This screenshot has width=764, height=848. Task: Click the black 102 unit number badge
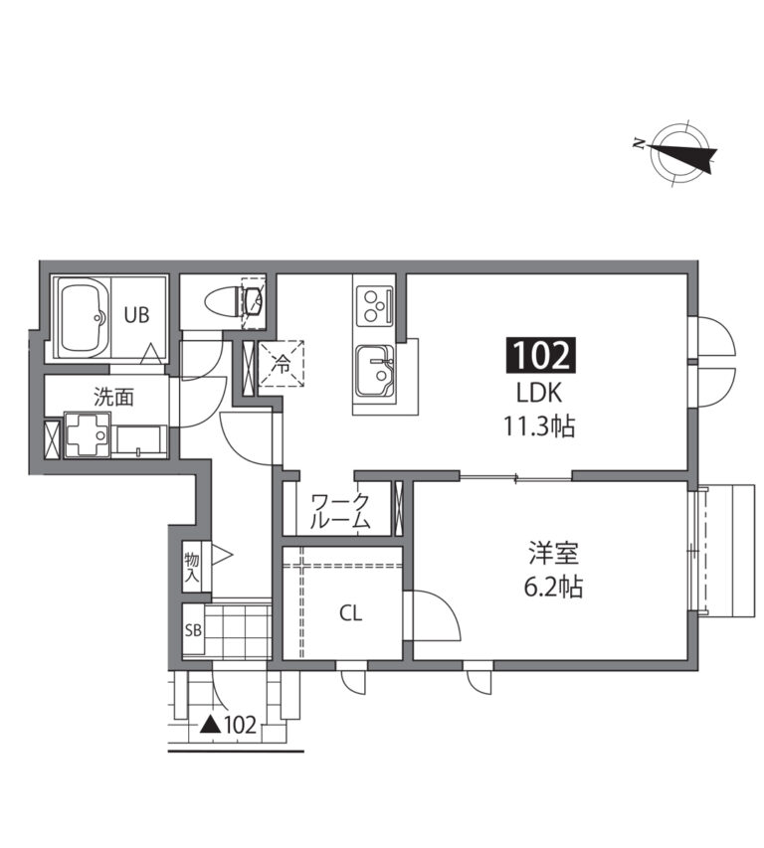point(540,356)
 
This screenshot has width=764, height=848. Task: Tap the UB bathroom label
point(136,315)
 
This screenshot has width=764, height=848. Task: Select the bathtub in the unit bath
point(83,318)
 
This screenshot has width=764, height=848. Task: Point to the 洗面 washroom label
point(113,398)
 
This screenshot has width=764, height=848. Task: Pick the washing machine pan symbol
point(88,435)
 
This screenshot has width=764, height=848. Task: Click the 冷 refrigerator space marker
point(283,365)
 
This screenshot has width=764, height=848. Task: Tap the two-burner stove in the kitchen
point(374,306)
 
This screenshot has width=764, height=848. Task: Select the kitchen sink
point(374,371)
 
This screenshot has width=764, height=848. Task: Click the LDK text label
point(539,393)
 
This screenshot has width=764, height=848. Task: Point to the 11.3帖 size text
point(539,426)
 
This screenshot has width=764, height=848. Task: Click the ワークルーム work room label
point(341,511)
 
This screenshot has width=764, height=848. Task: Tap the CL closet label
point(350,613)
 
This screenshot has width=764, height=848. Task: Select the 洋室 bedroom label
point(553,553)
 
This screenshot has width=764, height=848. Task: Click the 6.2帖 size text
point(553,587)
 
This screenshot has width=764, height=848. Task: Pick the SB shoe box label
point(193,630)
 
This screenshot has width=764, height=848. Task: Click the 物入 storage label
point(192,568)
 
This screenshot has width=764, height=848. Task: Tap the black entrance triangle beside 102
point(211,725)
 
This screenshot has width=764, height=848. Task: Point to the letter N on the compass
point(639,144)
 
